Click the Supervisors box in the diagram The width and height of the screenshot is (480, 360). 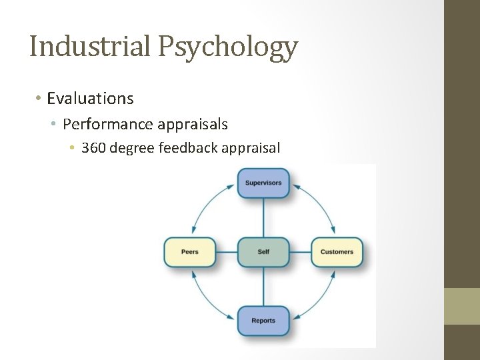(263, 183)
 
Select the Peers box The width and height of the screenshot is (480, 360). (190, 252)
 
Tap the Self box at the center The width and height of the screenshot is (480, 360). (263, 252)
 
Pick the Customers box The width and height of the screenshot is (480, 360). (337, 252)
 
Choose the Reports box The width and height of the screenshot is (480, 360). (263, 321)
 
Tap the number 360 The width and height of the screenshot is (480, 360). (93, 147)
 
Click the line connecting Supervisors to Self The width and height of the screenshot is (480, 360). (263, 217)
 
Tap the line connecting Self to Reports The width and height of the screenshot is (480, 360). (263, 287)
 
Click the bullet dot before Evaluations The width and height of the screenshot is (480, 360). (39, 99)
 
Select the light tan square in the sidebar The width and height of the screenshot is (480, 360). (462, 307)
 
